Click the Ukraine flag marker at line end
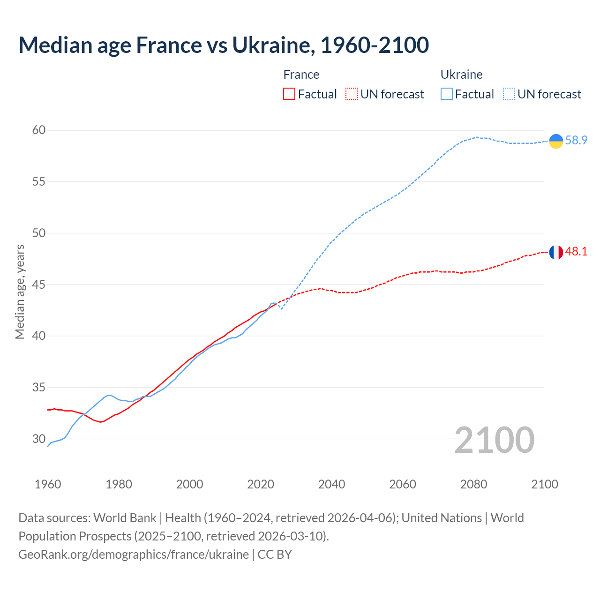(556, 141)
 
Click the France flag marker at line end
(556, 252)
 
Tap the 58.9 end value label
(576, 140)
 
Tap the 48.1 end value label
(576, 252)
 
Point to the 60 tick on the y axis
(39, 130)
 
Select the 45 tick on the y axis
(39, 285)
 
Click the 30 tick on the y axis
(39, 439)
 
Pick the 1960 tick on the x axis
(48, 484)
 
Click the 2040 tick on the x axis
(331, 484)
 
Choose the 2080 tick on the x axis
(473, 484)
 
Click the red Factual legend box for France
(289, 94)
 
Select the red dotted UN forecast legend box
(352, 94)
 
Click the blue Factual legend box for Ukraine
(447, 94)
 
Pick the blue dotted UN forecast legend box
(509, 94)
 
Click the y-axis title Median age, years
(20, 292)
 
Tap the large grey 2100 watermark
(494, 440)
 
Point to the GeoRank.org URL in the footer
(134, 555)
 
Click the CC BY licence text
(275, 555)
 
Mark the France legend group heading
(301, 75)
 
